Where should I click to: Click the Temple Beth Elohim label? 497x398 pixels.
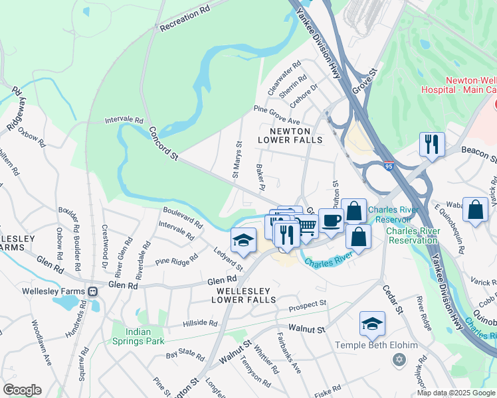coord(376,345)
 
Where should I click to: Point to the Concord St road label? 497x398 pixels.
coord(164,143)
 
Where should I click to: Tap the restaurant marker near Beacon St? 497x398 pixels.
coord(432,143)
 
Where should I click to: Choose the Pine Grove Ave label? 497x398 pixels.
coord(277,115)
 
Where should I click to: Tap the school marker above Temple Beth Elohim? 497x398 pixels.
coord(371,324)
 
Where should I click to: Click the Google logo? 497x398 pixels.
coord(22,390)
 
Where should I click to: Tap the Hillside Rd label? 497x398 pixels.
coord(200,323)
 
